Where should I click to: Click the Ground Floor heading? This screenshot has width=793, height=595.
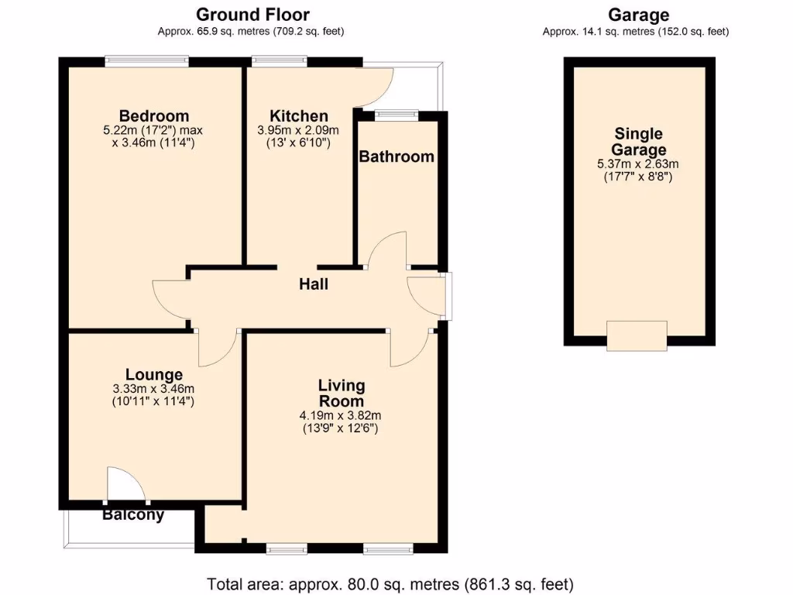coord(252,15)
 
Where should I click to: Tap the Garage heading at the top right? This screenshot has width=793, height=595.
coord(638,15)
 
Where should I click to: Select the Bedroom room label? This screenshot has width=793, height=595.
coord(153,117)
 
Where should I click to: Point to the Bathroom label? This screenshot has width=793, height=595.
coord(396,156)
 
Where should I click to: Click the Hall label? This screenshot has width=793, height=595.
coord(314,284)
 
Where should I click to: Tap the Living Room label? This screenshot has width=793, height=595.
coord(342,393)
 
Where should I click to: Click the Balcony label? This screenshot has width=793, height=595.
coord(133,515)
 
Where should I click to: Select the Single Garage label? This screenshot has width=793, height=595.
coord(639,142)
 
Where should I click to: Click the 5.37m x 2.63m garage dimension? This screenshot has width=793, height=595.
coord(639,164)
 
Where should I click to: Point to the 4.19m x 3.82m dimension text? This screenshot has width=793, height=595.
coord(341,416)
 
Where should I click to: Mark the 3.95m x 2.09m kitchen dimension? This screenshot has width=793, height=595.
coord(298,131)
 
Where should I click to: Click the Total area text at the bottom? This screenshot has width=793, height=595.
coord(390,583)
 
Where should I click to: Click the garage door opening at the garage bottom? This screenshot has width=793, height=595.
coord(637,335)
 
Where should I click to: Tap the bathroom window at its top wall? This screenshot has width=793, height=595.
coord(395,115)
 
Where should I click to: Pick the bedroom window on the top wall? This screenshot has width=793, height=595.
coord(147,59)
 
